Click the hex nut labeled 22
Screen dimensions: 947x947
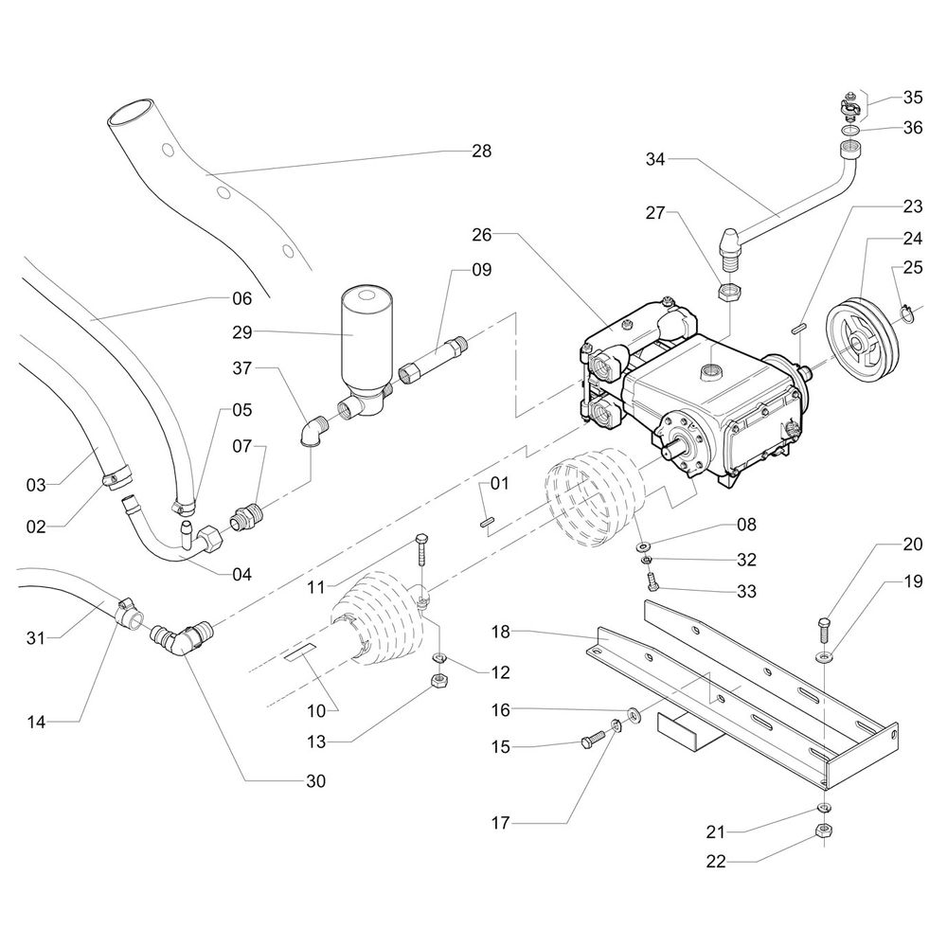pos(823,831)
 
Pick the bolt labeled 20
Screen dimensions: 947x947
pos(822,629)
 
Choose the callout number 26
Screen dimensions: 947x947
pos(482,232)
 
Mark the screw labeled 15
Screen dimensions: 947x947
pos(591,742)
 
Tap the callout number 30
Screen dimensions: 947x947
pos(315,781)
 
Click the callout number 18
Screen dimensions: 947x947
pos(501,631)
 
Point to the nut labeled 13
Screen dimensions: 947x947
pos(439,679)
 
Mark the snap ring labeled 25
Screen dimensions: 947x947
pos(904,310)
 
